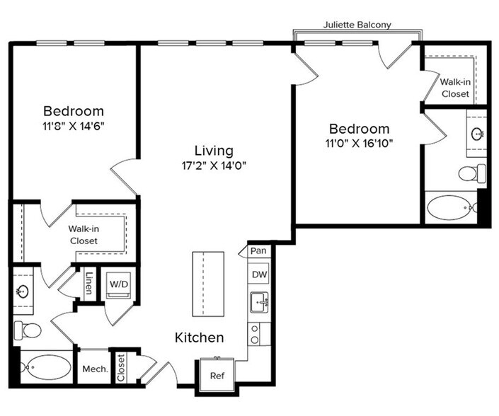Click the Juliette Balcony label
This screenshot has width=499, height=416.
click(x=357, y=24)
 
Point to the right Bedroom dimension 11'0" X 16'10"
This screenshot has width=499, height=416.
click(x=360, y=144)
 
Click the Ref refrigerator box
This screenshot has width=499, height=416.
click(x=217, y=375)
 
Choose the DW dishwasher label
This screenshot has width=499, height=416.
click(x=258, y=275)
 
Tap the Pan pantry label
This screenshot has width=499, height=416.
click(x=258, y=250)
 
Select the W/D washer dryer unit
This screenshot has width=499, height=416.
click(x=116, y=284)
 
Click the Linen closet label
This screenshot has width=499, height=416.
click(x=89, y=284)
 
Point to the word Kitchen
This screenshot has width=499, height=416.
click(x=200, y=338)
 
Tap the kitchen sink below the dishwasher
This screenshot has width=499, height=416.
click(x=258, y=303)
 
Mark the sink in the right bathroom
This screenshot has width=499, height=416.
click(x=478, y=133)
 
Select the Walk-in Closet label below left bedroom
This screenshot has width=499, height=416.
click(x=83, y=235)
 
